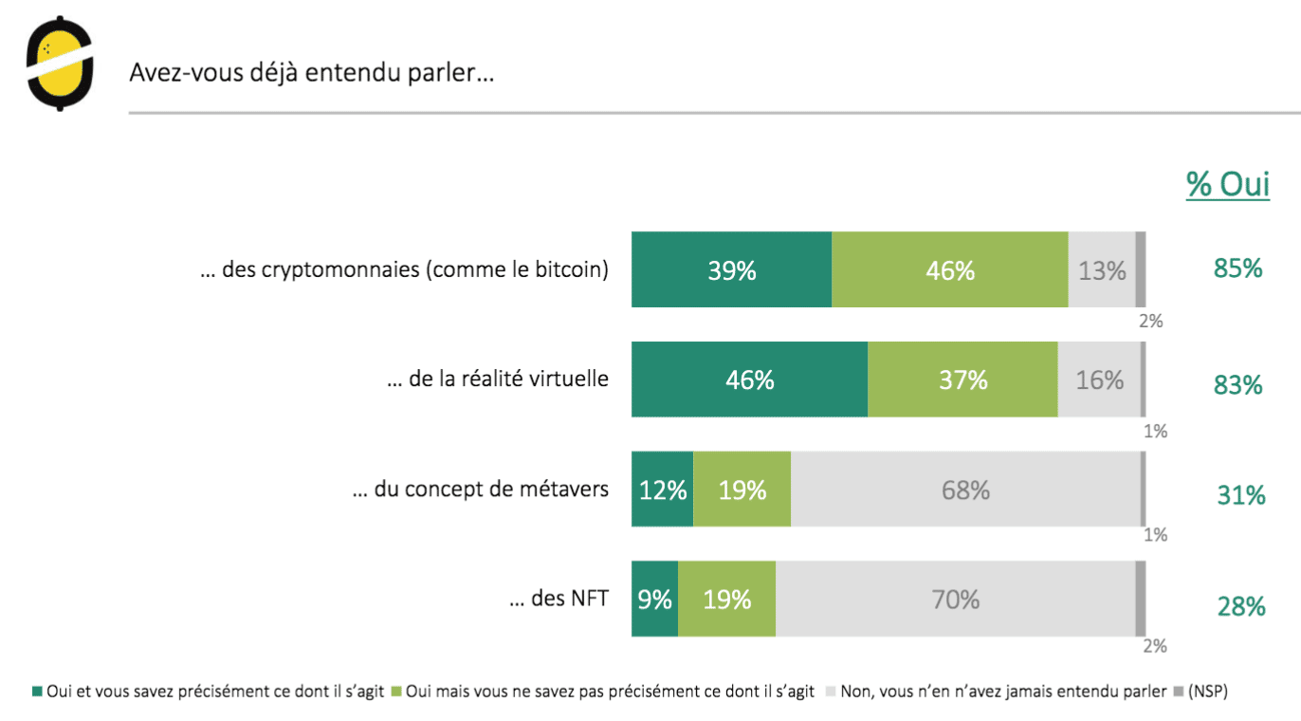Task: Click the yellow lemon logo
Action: (60, 64)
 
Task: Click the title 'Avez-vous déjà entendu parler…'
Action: (312, 73)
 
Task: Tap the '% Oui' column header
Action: (1228, 184)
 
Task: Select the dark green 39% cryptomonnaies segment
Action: (732, 270)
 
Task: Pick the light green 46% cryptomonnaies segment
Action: (950, 270)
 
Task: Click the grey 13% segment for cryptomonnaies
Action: (1102, 270)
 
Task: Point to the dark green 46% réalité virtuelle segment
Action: (750, 380)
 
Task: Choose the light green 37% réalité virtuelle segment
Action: (962, 380)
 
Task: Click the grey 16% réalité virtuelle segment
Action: (1100, 380)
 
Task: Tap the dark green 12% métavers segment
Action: (663, 490)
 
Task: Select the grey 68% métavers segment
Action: (966, 490)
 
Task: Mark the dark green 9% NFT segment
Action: (655, 600)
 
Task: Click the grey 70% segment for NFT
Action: (955, 600)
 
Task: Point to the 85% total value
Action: (1238, 268)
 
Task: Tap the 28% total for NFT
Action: (1241, 606)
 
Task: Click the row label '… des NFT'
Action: (559, 599)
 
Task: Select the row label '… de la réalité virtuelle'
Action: (498, 379)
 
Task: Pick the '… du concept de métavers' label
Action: (480, 490)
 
